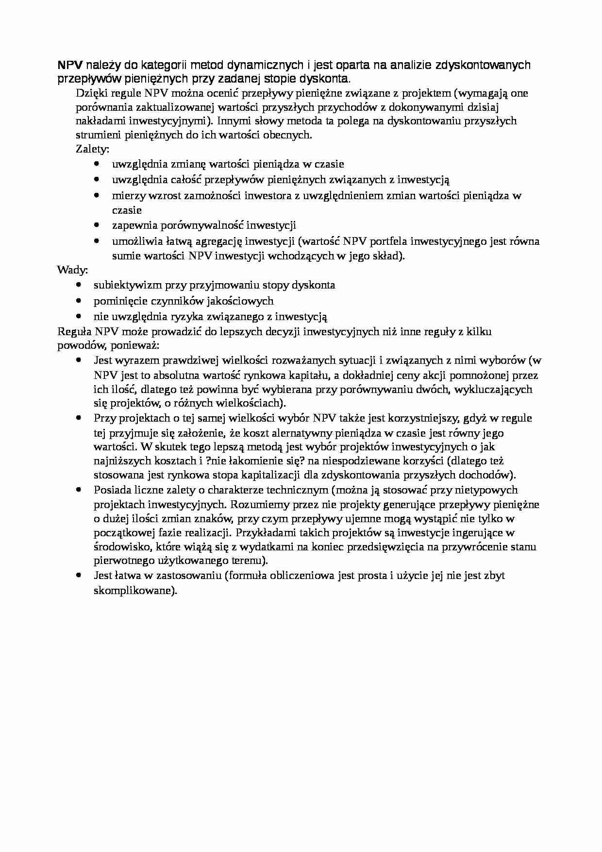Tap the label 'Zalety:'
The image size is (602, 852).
(x=93, y=149)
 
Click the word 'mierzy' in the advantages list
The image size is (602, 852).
(x=126, y=196)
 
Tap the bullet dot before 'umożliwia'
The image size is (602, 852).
(x=97, y=241)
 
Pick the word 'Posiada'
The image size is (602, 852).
(x=111, y=490)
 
